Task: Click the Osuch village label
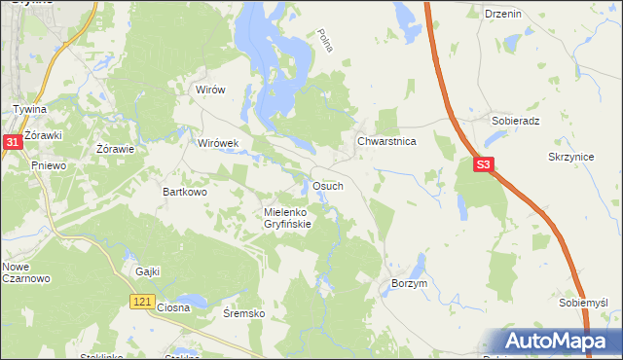[326, 186]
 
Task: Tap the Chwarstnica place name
[386, 141]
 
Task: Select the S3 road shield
[486, 166]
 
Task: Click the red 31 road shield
[12, 142]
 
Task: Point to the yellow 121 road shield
[141, 304]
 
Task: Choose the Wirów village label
[210, 90]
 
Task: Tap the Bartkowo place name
[185, 193]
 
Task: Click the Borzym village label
[410, 283]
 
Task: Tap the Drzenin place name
[502, 14]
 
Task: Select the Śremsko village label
[244, 313]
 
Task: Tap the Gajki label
[148, 271]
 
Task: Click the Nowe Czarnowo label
[21, 272]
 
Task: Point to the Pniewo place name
[48, 166]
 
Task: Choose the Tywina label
[29, 109]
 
